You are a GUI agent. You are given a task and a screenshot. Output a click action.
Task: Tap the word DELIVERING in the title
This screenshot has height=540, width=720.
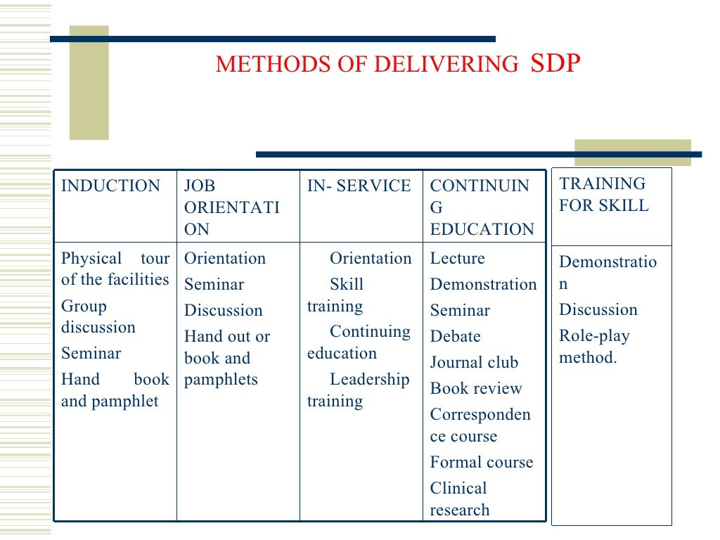point(445,65)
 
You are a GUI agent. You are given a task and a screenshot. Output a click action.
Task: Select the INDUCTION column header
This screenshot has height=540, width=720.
point(110,186)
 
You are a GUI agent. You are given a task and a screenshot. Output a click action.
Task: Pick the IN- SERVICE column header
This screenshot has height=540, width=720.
point(359,186)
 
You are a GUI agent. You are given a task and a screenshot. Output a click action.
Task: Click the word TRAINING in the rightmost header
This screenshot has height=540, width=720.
point(602,184)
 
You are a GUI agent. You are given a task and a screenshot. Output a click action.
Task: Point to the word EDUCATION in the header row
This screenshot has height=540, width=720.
point(482,230)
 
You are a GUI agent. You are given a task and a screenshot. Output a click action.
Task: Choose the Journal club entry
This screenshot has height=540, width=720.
point(474,363)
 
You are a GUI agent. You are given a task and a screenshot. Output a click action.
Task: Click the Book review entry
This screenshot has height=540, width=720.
point(476,389)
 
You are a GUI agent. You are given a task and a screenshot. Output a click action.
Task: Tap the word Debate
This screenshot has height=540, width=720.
point(455,337)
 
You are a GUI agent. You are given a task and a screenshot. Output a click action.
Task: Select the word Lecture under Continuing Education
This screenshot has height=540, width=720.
point(457,259)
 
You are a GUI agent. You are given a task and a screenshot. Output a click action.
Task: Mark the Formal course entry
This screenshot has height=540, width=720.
point(482,463)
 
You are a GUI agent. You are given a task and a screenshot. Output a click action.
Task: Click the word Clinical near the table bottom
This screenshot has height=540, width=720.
point(458,489)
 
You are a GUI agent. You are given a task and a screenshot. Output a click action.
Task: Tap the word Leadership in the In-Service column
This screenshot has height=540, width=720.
point(369,380)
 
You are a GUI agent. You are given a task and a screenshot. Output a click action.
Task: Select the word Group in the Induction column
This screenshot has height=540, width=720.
point(84,307)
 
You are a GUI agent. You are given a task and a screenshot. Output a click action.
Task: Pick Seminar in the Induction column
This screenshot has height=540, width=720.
point(91,354)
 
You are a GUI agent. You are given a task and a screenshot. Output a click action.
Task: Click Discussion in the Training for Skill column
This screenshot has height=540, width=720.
point(598,310)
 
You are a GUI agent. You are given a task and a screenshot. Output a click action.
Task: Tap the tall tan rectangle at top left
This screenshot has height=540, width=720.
point(89,83)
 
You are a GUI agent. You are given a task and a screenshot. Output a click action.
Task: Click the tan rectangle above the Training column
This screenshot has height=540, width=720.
point(632,153)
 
